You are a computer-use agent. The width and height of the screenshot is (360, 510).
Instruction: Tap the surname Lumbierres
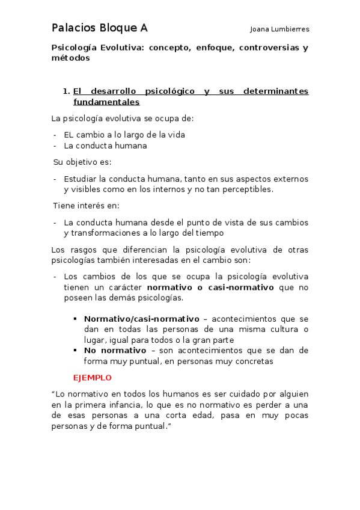tap(289, 29)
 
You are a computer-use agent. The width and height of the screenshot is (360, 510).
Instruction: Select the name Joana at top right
tap(260, 29)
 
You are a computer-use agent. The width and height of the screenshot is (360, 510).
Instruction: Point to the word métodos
tap(70, 58)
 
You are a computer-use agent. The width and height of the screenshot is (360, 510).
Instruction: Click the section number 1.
tap(66, 91)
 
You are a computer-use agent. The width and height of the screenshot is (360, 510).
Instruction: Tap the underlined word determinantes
tap(276, 91)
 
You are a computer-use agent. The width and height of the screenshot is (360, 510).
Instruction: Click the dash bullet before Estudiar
tap(55, 179)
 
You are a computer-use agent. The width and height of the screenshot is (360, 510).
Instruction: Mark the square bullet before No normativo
tap(76, 351)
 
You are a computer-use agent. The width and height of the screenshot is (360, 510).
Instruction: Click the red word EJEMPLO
tap(92, 378)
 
